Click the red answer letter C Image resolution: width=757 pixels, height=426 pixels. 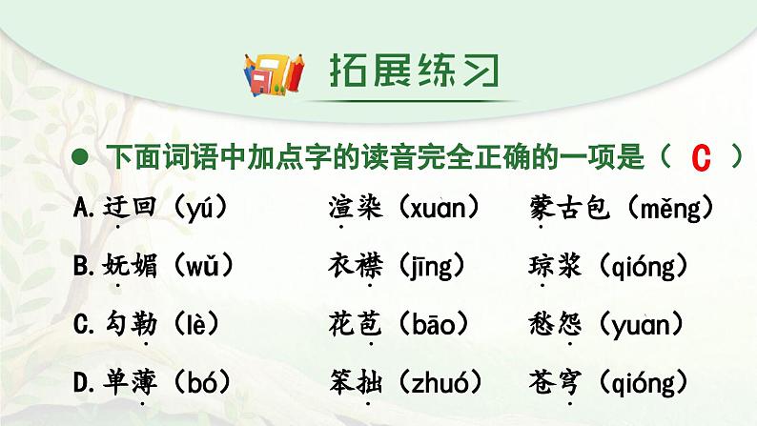pyautogui.click(x=701, y=158)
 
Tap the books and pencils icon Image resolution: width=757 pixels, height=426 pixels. pyautogui.click(x=274, y=74)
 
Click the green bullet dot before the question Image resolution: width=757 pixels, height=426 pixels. pyautogui.click(x=80, y=157)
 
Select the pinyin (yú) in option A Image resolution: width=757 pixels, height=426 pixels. pyautogui.click(x=200, y=209)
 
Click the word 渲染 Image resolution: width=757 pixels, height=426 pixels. pyautogui.click(x=356, y=208)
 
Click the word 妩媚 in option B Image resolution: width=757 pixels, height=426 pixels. pyautogui.click(x=130, y=266)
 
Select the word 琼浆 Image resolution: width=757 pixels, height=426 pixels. pyautogui.click(x=555, y=266)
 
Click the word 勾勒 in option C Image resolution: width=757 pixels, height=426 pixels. pyautogui.click(x=131, y=324)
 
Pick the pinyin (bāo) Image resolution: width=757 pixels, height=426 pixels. pyautogui.click(x=434, y=324)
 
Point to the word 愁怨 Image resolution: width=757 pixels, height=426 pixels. pyautogui.click(x=555, y=324)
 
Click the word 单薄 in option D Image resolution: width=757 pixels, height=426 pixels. pyautogui.click(x=130, y=382)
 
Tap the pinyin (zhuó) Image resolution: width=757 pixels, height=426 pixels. pyautogui.click(x=440, y=382)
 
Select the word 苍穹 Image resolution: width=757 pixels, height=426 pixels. pyautogui.click(x=555, y=382)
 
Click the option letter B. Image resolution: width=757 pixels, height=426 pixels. pyautogui.click(x=83, y=266)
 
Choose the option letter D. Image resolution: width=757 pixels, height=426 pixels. pyautogui.click(x=83, y=382)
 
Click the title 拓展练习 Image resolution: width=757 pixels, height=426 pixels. pyautogui.click(x=415, y=71)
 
